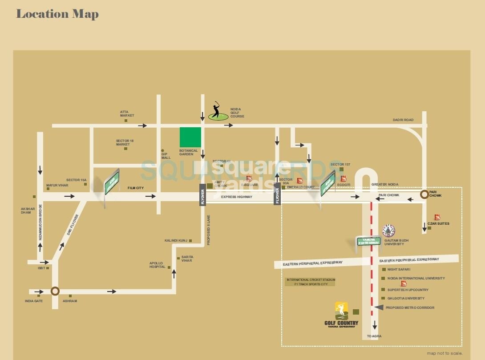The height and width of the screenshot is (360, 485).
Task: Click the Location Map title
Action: [57, 14]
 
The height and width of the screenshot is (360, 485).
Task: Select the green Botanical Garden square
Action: [190, 137]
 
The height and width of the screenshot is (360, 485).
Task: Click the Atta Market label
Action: [127, 113]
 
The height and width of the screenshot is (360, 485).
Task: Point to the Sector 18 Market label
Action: [125, 142]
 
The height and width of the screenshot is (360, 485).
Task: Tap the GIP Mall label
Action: [166, 156]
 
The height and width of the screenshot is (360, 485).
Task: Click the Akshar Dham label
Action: [26, 210]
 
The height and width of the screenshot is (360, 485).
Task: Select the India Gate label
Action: [33, 301]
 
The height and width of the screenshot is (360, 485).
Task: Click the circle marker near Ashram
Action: [55, 291]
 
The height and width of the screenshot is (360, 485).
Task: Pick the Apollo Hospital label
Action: [157, 265]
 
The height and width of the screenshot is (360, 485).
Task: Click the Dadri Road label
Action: [403, 120]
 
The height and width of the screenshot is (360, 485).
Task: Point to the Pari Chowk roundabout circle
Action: [425, 194]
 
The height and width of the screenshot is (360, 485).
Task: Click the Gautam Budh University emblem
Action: [389, 230]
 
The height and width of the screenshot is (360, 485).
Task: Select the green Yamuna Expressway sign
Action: [369, 242]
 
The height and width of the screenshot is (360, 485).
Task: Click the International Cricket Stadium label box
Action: [310, 282]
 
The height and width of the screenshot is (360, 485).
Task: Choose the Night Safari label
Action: [399, 270]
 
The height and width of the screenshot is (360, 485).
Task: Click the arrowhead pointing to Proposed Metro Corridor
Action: [379, 307]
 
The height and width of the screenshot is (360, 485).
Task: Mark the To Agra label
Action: [374, 336]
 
